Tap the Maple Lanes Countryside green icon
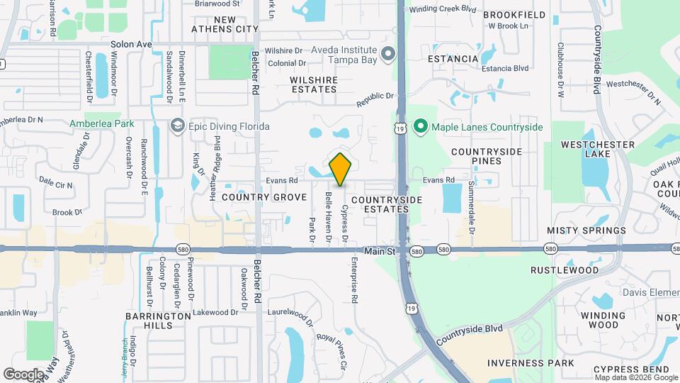click(420, 127)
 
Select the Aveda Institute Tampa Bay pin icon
click(387, 54)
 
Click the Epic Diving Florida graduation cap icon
click(176, 126)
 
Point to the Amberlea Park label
click(101, 123)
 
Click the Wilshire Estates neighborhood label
click(314, 84)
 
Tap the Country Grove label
click(264, 197)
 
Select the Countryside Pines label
click(487, 156)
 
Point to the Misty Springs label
click(586, 231)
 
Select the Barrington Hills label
click(149, 321)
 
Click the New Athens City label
click(226, 24)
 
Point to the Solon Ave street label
click(132, 44)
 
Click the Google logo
click(23, 374)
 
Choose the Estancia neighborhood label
click(454, 57)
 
